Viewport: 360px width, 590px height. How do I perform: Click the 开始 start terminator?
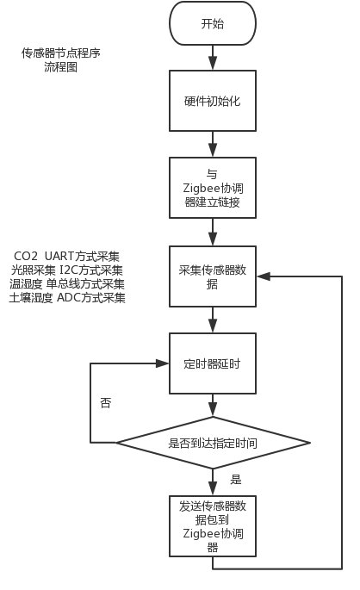point(212,23)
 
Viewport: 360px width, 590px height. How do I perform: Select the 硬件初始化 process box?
point(212,101)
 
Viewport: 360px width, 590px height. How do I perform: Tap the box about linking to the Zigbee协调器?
point(212,188)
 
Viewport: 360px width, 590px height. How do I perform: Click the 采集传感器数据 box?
point(212,276)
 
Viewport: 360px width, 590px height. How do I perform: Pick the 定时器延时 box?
point(212,363)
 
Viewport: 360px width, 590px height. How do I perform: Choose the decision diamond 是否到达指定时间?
point(213,443)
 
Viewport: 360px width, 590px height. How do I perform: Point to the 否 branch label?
point(106,402)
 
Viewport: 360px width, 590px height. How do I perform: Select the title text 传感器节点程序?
point(61,53)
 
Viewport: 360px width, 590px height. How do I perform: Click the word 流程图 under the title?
point(61,66)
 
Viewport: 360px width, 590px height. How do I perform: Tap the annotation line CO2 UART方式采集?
point(66,257)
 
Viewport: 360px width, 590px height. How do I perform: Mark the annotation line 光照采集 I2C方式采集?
point(66,270)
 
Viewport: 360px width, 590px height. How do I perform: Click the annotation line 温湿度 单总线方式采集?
point(66,284)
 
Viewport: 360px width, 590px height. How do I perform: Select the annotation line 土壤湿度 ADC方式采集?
point(66,298)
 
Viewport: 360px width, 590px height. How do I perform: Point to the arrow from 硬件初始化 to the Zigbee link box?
point(212,144)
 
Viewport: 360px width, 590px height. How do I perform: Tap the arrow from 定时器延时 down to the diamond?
point(212,406)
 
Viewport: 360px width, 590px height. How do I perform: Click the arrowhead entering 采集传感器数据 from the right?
point(262,276)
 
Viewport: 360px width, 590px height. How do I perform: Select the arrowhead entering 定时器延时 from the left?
point(163,363)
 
